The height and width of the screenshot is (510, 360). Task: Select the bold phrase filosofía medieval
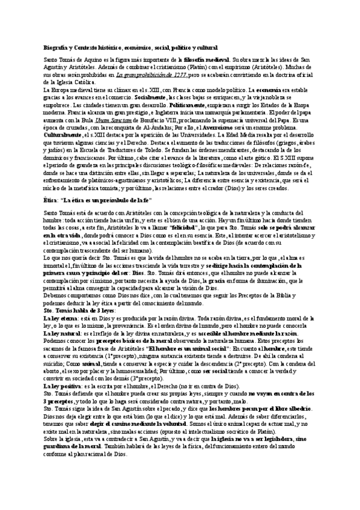tap(205, 61)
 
